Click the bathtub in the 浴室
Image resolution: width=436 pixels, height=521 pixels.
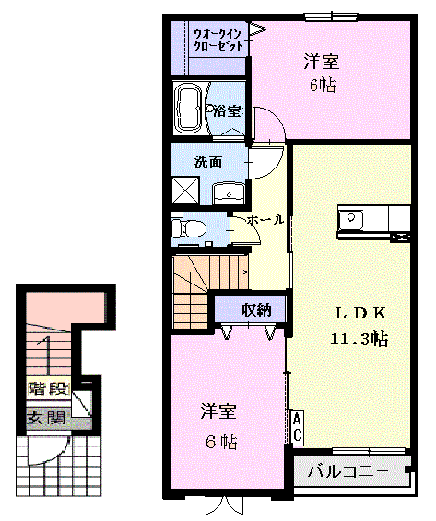tap(190, 108)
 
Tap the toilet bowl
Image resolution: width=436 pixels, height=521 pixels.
tap(188, 229)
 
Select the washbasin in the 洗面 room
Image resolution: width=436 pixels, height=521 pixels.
tap(229, 193)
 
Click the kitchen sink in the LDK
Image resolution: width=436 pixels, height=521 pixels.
tap(350, 219)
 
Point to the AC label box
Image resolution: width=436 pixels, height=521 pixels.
tap(297, 426)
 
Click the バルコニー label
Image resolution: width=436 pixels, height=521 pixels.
tap(348, 471)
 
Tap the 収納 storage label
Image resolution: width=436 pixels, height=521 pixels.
tap(255, 310)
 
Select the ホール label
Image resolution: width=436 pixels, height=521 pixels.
tap(265, 220)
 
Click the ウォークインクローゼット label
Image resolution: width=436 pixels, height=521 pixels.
tap(218, 40)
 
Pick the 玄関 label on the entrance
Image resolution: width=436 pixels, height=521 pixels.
tap(46, 418)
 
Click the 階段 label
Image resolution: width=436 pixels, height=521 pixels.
tap(49, 388)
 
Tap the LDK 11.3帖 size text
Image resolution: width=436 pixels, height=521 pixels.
tap(359, 340)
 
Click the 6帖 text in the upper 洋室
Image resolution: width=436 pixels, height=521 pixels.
tap(323, 86)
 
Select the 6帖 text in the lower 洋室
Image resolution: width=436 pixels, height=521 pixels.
tap(221, 442)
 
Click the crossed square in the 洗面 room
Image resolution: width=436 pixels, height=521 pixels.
tap(185, 190)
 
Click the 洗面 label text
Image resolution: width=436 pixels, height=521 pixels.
tap(208, 162)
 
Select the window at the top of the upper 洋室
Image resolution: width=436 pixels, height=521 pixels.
tap(332, 17)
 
